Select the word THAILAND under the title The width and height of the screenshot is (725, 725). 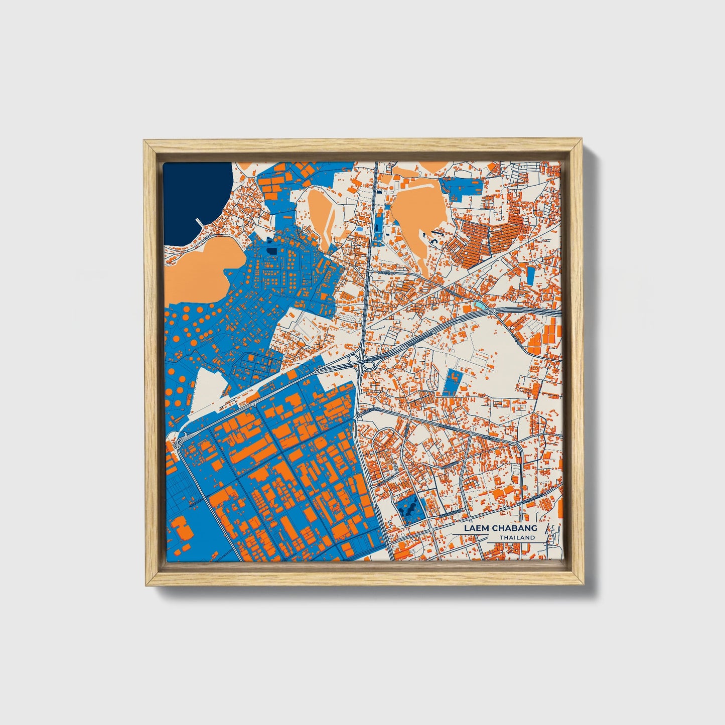click(517, 538)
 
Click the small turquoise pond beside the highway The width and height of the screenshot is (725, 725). click(481, 305)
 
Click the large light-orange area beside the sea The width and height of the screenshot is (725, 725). click(196, 268)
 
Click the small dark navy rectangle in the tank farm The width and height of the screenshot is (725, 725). click(271, 250)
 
